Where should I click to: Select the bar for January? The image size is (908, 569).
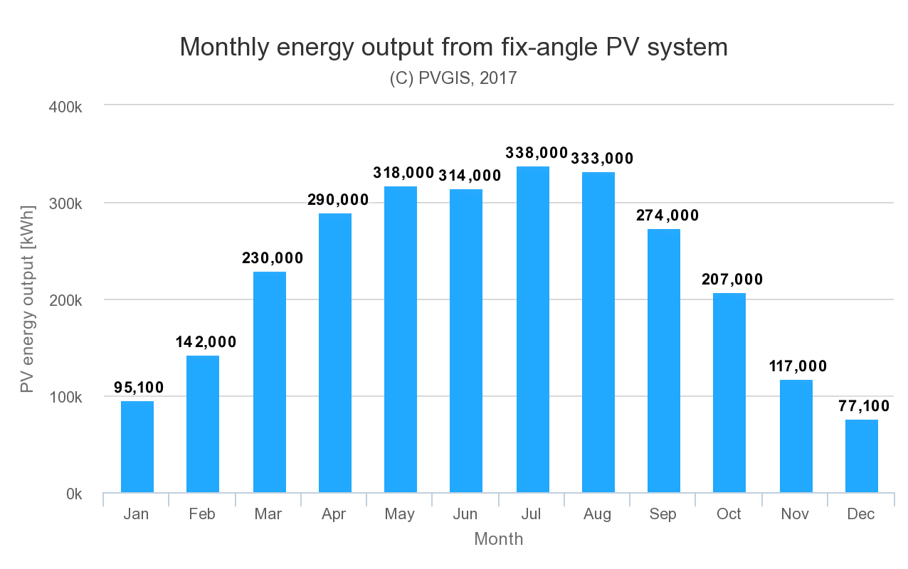[x=137, y=447]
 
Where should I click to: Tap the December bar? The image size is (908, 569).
[x=862, y=456]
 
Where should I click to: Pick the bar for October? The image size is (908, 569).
[x=729, y=393]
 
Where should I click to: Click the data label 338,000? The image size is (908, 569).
[x=537, y=153]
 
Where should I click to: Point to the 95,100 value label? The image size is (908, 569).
[x=139, y=388]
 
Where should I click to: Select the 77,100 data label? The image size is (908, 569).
[x=864, y=406]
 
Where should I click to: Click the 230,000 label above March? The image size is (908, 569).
[x=272, y=258]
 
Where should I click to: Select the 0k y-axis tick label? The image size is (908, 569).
[x=73, y=494]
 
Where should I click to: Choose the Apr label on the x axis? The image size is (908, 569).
[x=334, y=514]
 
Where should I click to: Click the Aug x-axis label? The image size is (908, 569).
[x=597, y=514]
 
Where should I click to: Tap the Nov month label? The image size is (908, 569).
[x=795, y=514]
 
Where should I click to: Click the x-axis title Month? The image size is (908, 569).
[x=498, y=539]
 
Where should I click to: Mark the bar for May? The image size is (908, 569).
[x=401, y=339]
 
